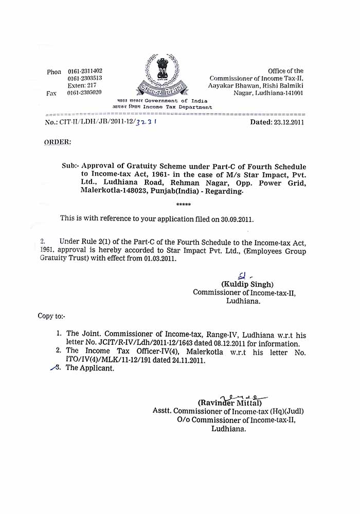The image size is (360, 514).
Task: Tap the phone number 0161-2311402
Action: tap(85, 71)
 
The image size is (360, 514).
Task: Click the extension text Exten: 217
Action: tap(82, 85)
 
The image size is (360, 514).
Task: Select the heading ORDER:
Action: tap(58, 141)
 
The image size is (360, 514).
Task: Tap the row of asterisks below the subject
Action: tap(183, 205)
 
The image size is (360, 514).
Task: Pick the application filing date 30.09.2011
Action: tap(236, 218)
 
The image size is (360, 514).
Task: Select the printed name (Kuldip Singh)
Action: tap(247, 284)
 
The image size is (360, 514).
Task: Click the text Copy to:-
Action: tap(51, 316)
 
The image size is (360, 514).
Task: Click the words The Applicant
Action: tap(90, 369)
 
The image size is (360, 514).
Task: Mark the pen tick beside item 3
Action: tap(53, 368)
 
